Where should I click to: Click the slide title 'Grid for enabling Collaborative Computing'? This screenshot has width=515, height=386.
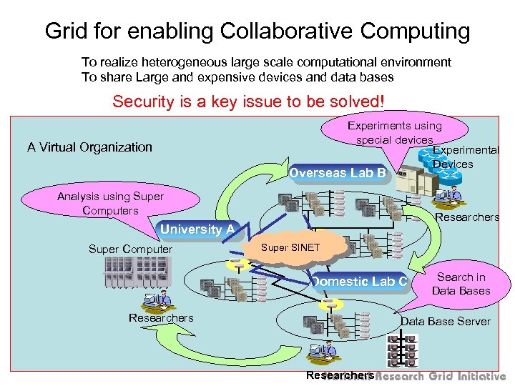pos(257,31)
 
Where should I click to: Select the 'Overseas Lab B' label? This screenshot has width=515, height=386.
pos(338,173)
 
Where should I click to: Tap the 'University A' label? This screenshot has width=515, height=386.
pos(197,229)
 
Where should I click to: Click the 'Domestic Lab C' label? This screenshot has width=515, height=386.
pos(358,282)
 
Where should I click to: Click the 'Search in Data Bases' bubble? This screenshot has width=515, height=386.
pos(463,284)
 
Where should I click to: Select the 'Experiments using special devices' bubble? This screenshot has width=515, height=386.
pos(394,133)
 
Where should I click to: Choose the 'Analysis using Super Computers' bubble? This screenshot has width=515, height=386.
pos(110,203)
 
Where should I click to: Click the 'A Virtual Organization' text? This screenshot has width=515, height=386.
pos(89,147)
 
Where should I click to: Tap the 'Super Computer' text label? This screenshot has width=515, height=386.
pos(130,249)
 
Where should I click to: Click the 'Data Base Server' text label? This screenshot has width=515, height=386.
pos(445,322)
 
